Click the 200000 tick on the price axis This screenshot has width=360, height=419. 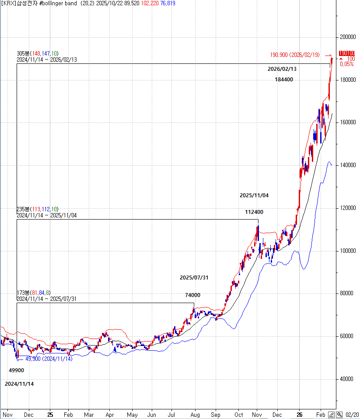click(x=349, y=37)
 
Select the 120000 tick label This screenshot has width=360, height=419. click(x=349, y=208)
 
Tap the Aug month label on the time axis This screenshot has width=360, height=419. click(x=196, y=414)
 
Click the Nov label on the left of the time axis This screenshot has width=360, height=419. click(x=7, y=414)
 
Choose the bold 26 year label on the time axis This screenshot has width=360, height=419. click(x=300, y=414)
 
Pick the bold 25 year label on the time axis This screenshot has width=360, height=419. click(x=50, y=414)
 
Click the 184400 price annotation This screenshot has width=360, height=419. click(x=284, y=80)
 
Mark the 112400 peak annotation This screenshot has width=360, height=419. click(x=254, y=212)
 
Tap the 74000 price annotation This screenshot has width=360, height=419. click(x=192, y=295)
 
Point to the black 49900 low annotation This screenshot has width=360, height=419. click(x=17, y=370)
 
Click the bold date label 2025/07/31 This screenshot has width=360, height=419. click(x=194, y=278)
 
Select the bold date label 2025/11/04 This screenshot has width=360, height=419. click(x=254, y=196)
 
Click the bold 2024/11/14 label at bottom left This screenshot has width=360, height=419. click(x=19, y=384)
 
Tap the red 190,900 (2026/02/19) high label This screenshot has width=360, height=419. click(x=295, y=55)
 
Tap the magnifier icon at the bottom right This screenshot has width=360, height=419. click(x=339, y=414)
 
